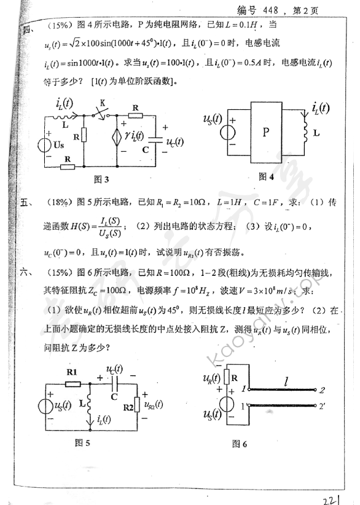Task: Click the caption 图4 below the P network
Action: click(265, 176)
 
